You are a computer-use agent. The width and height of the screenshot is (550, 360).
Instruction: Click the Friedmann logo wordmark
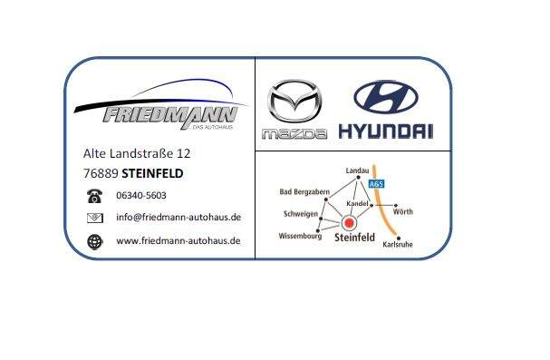click(x=169, y=115)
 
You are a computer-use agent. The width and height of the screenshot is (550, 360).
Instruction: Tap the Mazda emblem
click(x=294, y=102)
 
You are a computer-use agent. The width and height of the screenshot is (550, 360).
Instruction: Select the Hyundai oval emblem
click(x=385, y=98)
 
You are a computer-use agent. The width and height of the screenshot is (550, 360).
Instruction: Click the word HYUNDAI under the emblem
click(x=385, y=132)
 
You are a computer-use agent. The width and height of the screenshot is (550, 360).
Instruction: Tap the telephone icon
click(x=94, y=196)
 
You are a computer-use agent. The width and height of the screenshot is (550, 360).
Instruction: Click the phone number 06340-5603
click(x=141, y=195)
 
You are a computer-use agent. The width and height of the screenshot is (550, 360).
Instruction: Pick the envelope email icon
click(x=94, y=218)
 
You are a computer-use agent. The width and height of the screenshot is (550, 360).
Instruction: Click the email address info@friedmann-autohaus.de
click(x=179, y=218)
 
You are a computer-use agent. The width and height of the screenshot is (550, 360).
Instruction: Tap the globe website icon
click(x=94, y=241)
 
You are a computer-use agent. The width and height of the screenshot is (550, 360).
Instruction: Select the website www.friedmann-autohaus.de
click(x=179, y=240)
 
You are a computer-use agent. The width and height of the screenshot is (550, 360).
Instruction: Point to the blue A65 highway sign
click(x=377, y=184)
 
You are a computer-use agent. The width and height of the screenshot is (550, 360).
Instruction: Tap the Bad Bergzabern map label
click(x=305, y=192)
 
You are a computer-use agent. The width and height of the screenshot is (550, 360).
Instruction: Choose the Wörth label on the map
click(x=404, y=212)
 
